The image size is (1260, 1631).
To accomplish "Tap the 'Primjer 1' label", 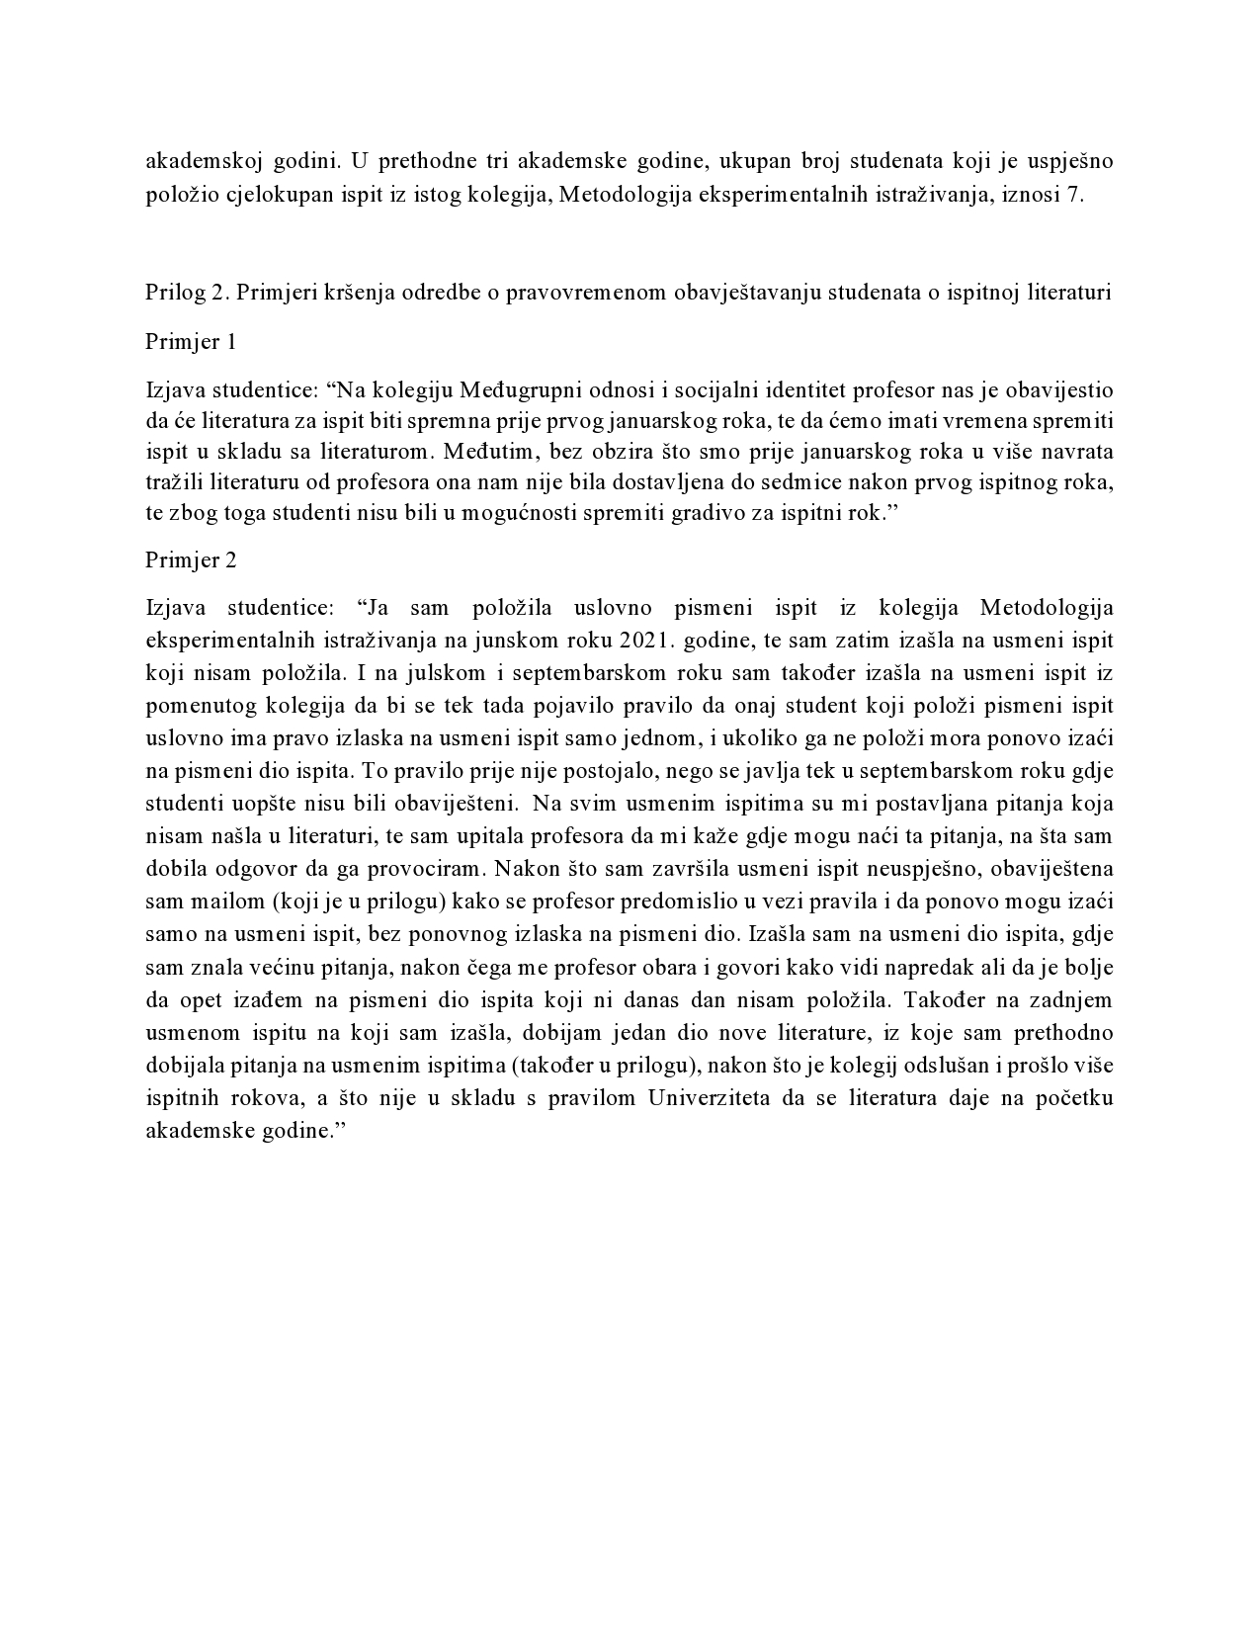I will tap(191, 342).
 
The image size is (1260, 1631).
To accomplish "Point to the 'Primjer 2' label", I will tap(191, 559).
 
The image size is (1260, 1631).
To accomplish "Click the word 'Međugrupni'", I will tap(512, 391).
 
